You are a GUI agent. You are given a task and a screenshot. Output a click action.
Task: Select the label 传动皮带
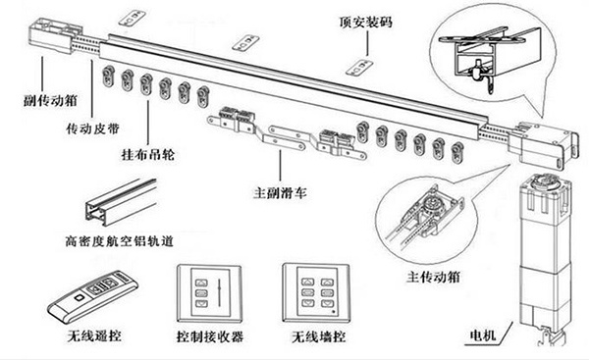(x=93, y=129)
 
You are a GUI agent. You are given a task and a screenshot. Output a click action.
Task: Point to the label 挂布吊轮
(x=147, y=158)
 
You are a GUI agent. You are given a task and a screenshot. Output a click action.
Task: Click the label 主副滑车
(x=282, y=192)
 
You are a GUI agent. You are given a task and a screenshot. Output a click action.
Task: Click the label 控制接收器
(x=211, y=336)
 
